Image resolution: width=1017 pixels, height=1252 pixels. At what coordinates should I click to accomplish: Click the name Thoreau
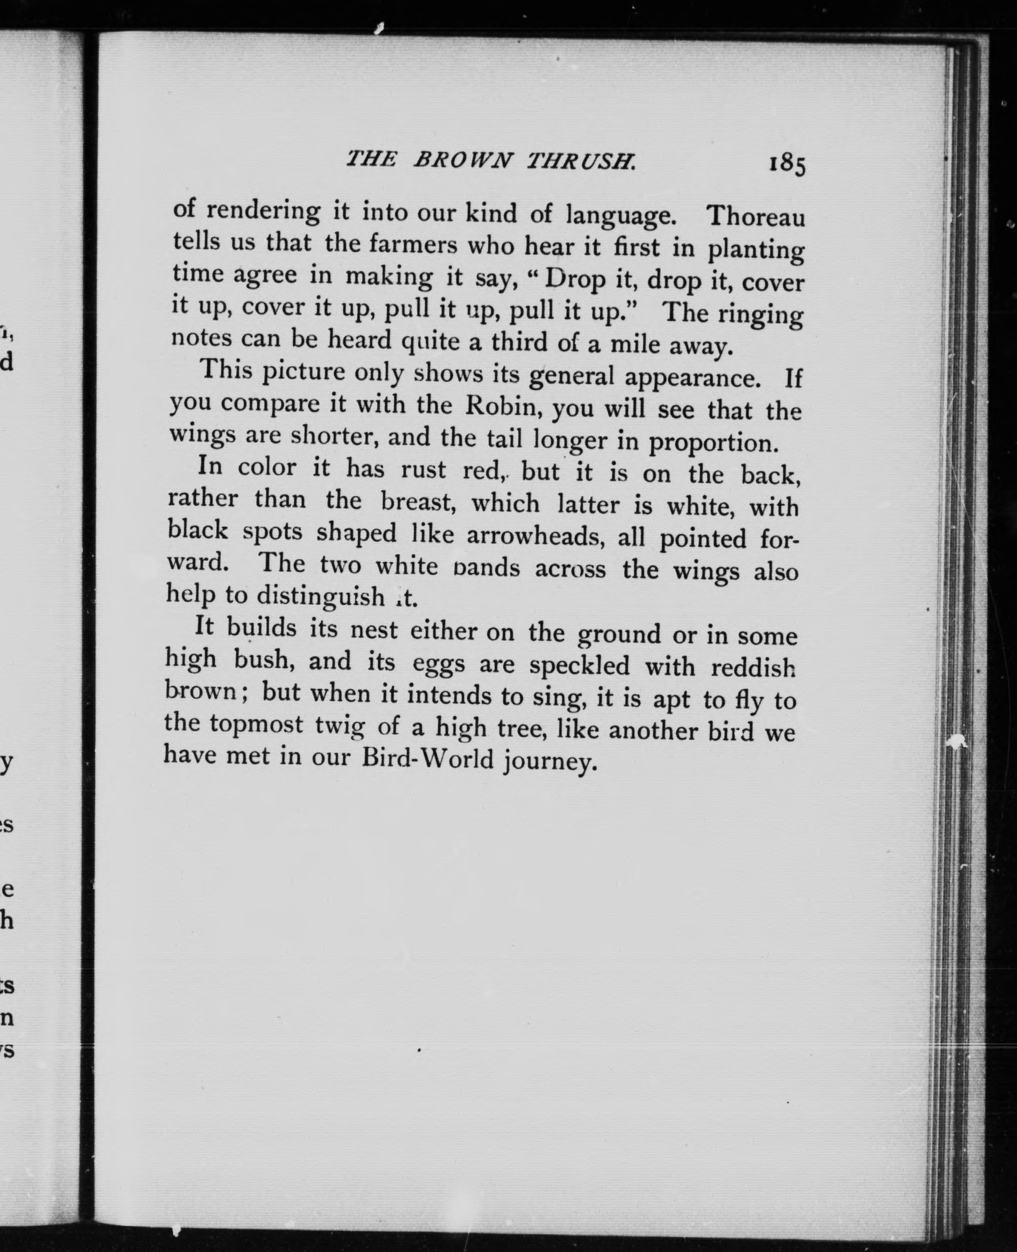pyautogui.click(x=756, y=217)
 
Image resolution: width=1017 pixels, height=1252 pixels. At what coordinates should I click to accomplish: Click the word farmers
pyautogui.click(x=413, y=244)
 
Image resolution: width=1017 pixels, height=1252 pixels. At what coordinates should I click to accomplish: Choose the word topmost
pyautogui.click(x=257, y=725)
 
